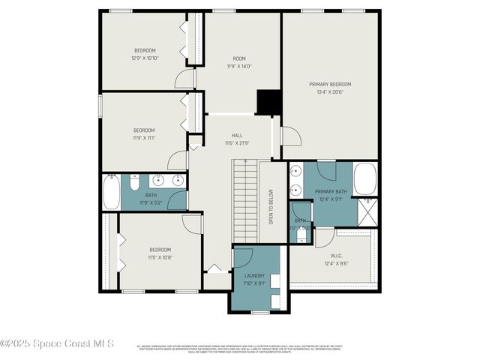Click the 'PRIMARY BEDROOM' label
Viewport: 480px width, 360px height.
[330, 84]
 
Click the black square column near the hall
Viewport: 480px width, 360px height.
[267, 103]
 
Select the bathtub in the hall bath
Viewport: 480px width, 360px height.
[110, 192]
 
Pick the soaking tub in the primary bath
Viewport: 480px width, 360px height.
[365, 178]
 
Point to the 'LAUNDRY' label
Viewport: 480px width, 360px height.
[254, 275]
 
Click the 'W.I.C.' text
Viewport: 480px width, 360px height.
[336, 254]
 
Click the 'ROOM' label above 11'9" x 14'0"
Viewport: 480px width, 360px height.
[239, 58]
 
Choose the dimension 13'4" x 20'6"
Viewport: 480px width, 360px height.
[330, 92]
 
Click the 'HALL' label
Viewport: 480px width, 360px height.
[236, 135]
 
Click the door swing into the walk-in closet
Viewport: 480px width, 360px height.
[324, 238]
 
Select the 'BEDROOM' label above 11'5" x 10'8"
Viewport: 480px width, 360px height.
[160, 249]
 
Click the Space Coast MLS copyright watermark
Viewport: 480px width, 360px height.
[57, 343]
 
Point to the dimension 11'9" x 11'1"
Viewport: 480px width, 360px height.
[144, 138]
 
